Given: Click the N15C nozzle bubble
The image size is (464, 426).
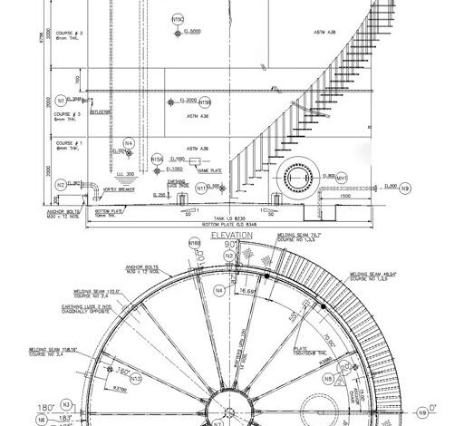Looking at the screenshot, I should click(x=178, y=18).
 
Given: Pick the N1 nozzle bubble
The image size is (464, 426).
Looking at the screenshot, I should click(x=61, y=100).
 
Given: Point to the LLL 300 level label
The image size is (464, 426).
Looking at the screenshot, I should click(x=125, y=173).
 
